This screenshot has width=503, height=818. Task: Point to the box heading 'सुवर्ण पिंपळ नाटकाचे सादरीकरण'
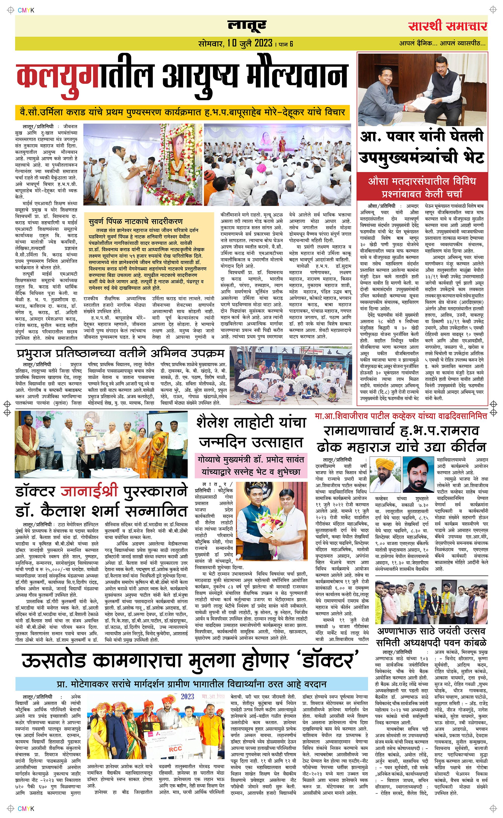(x=136, y=221)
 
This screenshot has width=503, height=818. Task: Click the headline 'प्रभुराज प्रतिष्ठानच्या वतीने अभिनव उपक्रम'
(x=120, y=353)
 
